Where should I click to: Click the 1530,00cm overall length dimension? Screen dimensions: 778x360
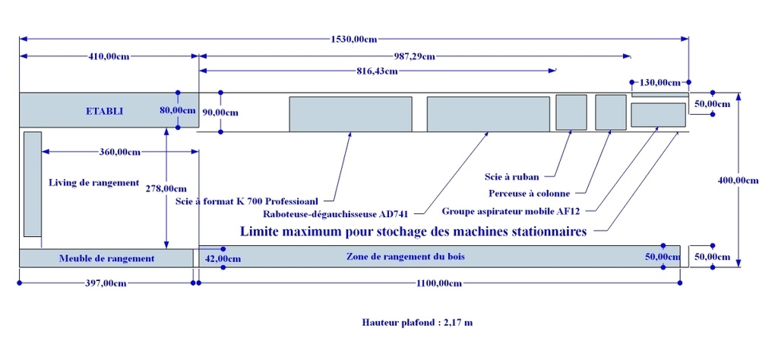click(x=354, y=39)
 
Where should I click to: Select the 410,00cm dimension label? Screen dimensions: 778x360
click(x=109, y=56)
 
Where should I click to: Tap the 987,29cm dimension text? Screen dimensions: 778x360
click(x=415, y=56)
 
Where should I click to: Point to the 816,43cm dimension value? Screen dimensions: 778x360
click(x=377, y=71)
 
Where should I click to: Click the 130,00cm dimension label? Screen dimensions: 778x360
click(x=659, y=82)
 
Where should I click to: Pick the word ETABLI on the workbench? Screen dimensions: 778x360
click(x=105, y=112)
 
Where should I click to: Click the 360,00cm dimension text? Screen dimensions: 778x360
click(x=120, y=152)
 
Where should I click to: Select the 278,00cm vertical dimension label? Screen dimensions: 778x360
click(x=166, y=188)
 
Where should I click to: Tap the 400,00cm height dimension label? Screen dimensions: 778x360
click(x=738, y=181)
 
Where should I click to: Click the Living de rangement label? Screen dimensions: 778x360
click(x=93, y=182)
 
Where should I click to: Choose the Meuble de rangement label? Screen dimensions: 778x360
click(x=106, y=258)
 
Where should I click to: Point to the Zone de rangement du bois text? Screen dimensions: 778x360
click(x=406, y=257)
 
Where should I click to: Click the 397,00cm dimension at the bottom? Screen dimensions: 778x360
click(x=106, y=283)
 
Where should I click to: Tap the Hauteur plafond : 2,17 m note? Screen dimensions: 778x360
click(x=417, y=323)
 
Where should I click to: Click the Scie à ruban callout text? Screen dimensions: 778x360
click(x=511, y=176)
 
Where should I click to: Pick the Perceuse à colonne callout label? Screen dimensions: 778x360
click(x=529, y=194)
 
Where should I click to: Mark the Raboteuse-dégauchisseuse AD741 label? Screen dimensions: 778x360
click(x=335, y=214)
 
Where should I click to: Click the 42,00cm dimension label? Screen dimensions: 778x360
click(x=223, y=258)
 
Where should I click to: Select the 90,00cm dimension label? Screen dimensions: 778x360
click(x=220, y=112)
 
